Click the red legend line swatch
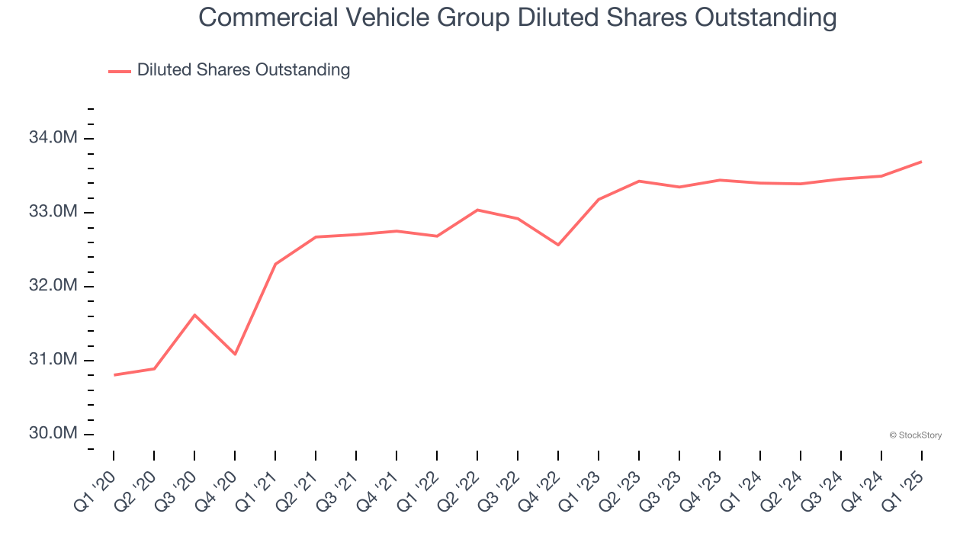(120, 71)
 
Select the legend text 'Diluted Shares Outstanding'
(243, 70)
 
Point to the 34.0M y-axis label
(53, 138)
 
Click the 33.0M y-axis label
(53, 212)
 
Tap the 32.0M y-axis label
(53, 286)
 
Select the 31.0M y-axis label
(53, 360)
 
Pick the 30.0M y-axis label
(53, 434)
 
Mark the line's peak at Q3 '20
(194, 315)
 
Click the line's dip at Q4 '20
(235, 354)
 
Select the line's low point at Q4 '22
(558, 245)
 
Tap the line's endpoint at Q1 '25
(921, 162)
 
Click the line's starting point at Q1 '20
(114, 374)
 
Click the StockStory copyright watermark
(915, 435)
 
